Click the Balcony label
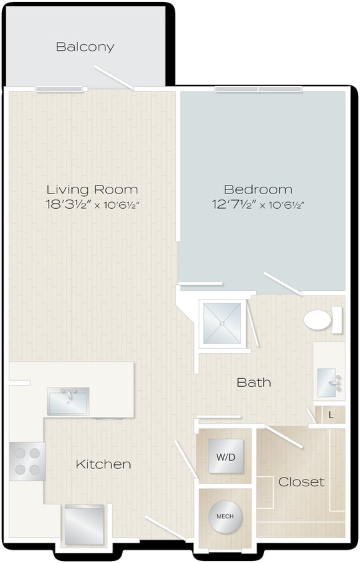pos(85,47)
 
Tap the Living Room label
pos(92,189)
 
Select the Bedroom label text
pos(258,189)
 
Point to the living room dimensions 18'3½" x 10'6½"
pos(92,205)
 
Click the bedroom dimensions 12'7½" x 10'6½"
pos(258,205)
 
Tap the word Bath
pos(254,382)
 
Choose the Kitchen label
pos(103,464)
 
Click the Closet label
pos(301,482)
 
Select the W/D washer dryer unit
pos(225,457)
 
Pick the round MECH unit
pos(225,517)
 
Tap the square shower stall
pos(223,324)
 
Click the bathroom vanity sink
pos(329,382)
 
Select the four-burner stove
pos(27,461)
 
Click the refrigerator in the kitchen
pos(84,524)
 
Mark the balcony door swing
pos(113,77)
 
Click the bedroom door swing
pos(282,283)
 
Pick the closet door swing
pos(284,437)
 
